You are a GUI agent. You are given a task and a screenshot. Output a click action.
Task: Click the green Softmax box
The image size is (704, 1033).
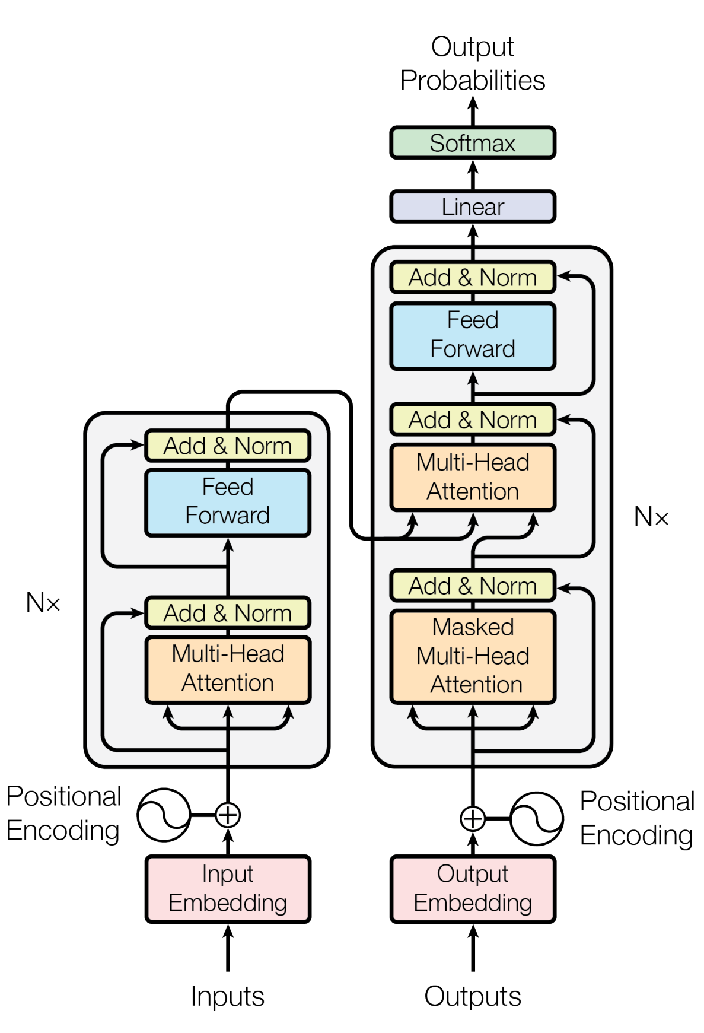coord(472,143)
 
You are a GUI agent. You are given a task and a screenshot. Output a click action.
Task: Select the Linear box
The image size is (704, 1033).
coord(472,206)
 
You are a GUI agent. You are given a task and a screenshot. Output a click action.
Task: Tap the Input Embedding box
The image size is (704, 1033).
coord(228,888)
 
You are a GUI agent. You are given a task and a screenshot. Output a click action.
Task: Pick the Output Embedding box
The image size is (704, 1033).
coord(472,888)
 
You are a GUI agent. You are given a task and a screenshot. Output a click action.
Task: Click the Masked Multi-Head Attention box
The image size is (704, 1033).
coord(472,656)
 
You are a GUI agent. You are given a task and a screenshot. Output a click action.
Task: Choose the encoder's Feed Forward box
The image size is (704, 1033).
coord(228,502)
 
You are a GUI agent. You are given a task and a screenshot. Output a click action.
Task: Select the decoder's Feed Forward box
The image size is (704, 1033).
coord(472,335)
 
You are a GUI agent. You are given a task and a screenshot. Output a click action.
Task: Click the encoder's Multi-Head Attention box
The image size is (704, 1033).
coord(228,669)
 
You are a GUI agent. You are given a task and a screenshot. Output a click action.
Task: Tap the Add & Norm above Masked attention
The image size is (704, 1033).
coord(472,586)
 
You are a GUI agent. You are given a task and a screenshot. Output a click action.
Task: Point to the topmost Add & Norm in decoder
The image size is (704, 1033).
coord(472,277)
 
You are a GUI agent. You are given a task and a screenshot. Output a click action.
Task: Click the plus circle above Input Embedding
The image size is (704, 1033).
coord(228,815)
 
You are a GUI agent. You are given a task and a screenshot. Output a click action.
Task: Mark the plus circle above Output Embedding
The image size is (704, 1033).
coord(473,819)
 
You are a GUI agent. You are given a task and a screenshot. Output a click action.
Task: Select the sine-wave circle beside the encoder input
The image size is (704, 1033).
coord(164,815)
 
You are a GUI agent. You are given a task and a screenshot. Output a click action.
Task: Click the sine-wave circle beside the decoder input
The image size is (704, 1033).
coord(537,819)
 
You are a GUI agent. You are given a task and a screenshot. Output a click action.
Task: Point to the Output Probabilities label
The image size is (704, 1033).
coord(472,63)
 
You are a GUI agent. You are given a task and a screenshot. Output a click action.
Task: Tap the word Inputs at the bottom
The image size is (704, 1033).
coord(228,996)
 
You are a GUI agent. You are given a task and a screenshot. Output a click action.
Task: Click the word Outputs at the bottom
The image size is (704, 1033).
coord(472,996)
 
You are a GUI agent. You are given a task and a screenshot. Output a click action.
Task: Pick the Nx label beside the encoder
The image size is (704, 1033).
coord(43,603)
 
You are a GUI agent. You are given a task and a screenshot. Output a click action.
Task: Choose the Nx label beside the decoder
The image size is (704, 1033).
coord(651,517)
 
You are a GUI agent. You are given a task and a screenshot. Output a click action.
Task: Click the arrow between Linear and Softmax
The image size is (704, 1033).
coord(473,174)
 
